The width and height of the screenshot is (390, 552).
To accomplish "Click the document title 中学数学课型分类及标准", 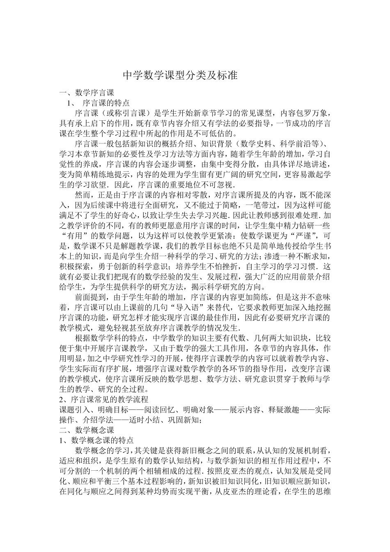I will (181, 76).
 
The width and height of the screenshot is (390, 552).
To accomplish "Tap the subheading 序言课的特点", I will (106, 103).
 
